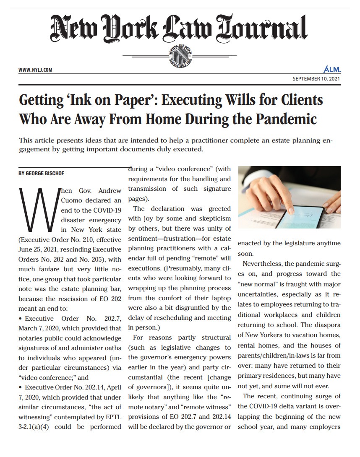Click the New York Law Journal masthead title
click(179, 28)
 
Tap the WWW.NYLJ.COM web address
click(35, 70)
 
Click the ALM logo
click(332, 70)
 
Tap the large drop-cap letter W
click(37, 210)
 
